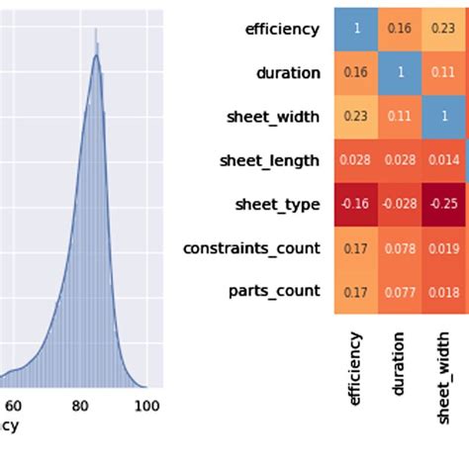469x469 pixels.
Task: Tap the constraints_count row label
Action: (x=251, y=247)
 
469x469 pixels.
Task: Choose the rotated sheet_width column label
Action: (x=445, y=377)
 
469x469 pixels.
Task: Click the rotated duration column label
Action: (x=401, y=364)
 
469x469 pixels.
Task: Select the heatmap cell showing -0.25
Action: (x=445, y=204)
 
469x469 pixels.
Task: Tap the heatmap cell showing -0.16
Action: (x=356, y=204)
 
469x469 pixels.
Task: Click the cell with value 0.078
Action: (x=401, y=247)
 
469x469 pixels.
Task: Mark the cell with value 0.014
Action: (x=445, y=160)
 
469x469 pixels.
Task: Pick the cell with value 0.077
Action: (x=401, y=291)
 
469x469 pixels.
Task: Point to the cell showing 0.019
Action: (x=445, y=247)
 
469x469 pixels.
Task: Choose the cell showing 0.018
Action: (x=445, y=291)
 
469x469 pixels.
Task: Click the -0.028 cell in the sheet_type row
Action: (x=401, y=204)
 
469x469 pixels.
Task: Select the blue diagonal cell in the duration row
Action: (x=401, y=72)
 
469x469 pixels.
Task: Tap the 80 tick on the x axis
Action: (x=80, y=405)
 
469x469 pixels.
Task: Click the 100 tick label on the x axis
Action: (x=146, y=405)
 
